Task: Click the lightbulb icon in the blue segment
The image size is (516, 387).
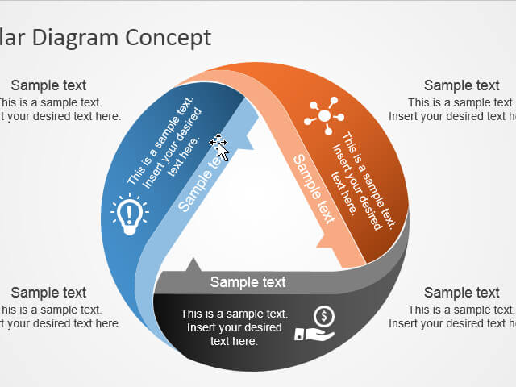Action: (x=129, y=214)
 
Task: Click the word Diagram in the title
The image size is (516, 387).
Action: (x=73, y=36)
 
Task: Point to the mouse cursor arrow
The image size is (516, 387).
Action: (x=218, y=147)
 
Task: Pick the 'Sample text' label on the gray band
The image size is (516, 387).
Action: (x=248, y=282)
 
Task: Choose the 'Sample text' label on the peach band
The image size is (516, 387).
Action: (x=313, y=189)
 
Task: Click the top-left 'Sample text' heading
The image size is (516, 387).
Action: (x=48, y=85)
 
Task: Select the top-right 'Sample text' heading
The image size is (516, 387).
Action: (x=462, y=85)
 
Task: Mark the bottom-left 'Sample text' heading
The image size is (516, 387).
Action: (x=48, y=293)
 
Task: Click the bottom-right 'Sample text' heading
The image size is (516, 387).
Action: (x=462, y=293)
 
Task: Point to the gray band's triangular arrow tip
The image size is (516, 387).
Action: (x=193, y=264)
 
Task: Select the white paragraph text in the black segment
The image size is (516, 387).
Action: (x=234, y=327)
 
